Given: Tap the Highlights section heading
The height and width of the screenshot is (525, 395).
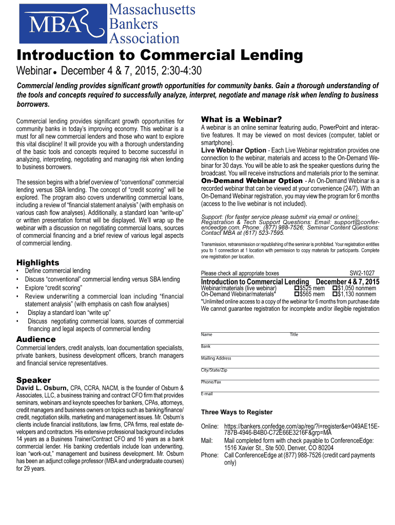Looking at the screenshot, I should point(38,262).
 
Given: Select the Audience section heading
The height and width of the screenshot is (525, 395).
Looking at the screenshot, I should point(36,339).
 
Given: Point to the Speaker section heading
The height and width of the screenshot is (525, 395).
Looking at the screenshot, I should point(34,380).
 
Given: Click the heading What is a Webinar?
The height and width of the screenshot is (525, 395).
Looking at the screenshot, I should point(241,119).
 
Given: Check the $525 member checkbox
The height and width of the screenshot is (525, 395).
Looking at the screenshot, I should point(297,289).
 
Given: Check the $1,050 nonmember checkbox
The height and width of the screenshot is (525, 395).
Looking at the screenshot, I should point(335,289).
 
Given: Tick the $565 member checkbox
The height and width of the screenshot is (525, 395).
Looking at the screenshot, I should point(297,295).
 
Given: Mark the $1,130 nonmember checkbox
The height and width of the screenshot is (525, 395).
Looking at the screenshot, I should point(335,295).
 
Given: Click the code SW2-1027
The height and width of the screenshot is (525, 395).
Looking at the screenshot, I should point(362,274).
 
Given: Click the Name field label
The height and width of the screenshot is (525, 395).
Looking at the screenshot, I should point(207,335).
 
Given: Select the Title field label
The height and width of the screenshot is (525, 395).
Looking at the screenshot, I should point(294,335).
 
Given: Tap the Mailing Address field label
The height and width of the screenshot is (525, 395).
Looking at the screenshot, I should point(216,358).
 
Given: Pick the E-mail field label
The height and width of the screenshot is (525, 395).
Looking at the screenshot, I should point(207,394).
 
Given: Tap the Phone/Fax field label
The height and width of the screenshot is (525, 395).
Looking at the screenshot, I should point(211,382).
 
